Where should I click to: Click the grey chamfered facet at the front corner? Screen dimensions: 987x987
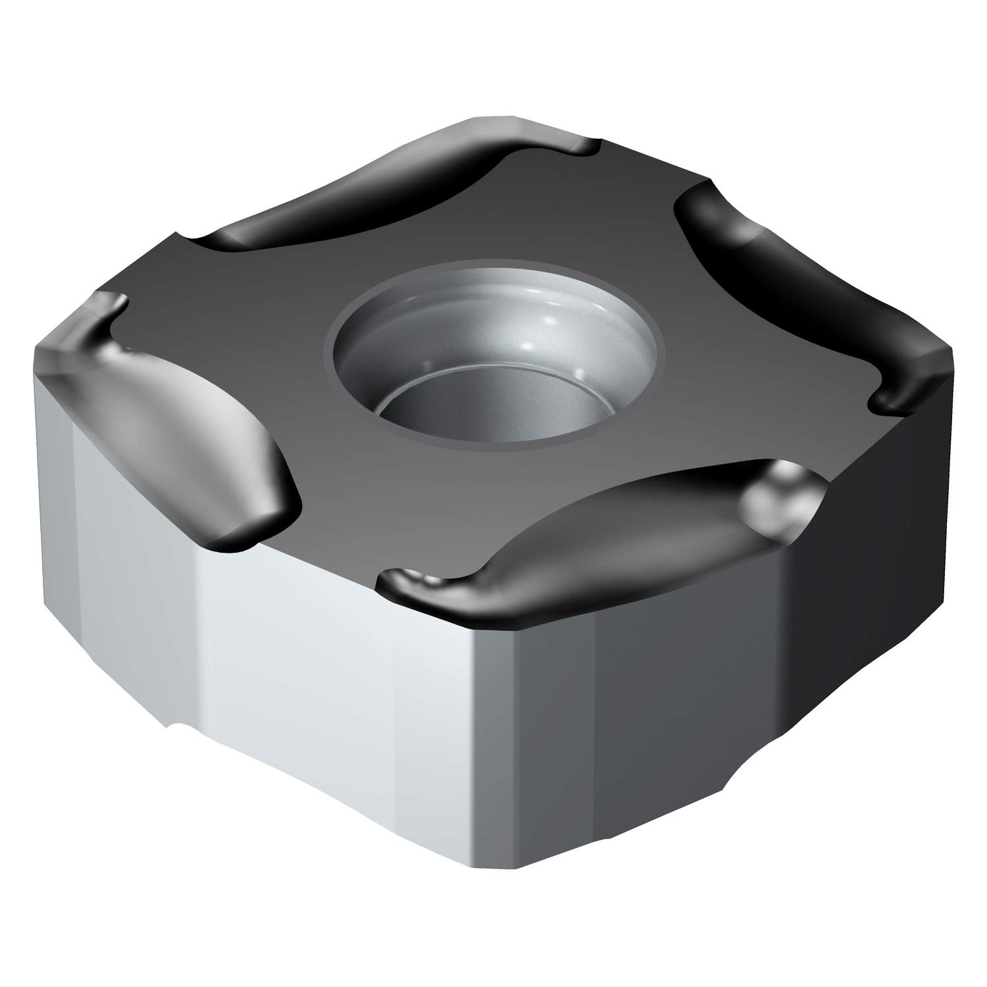tap(500, 757)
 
